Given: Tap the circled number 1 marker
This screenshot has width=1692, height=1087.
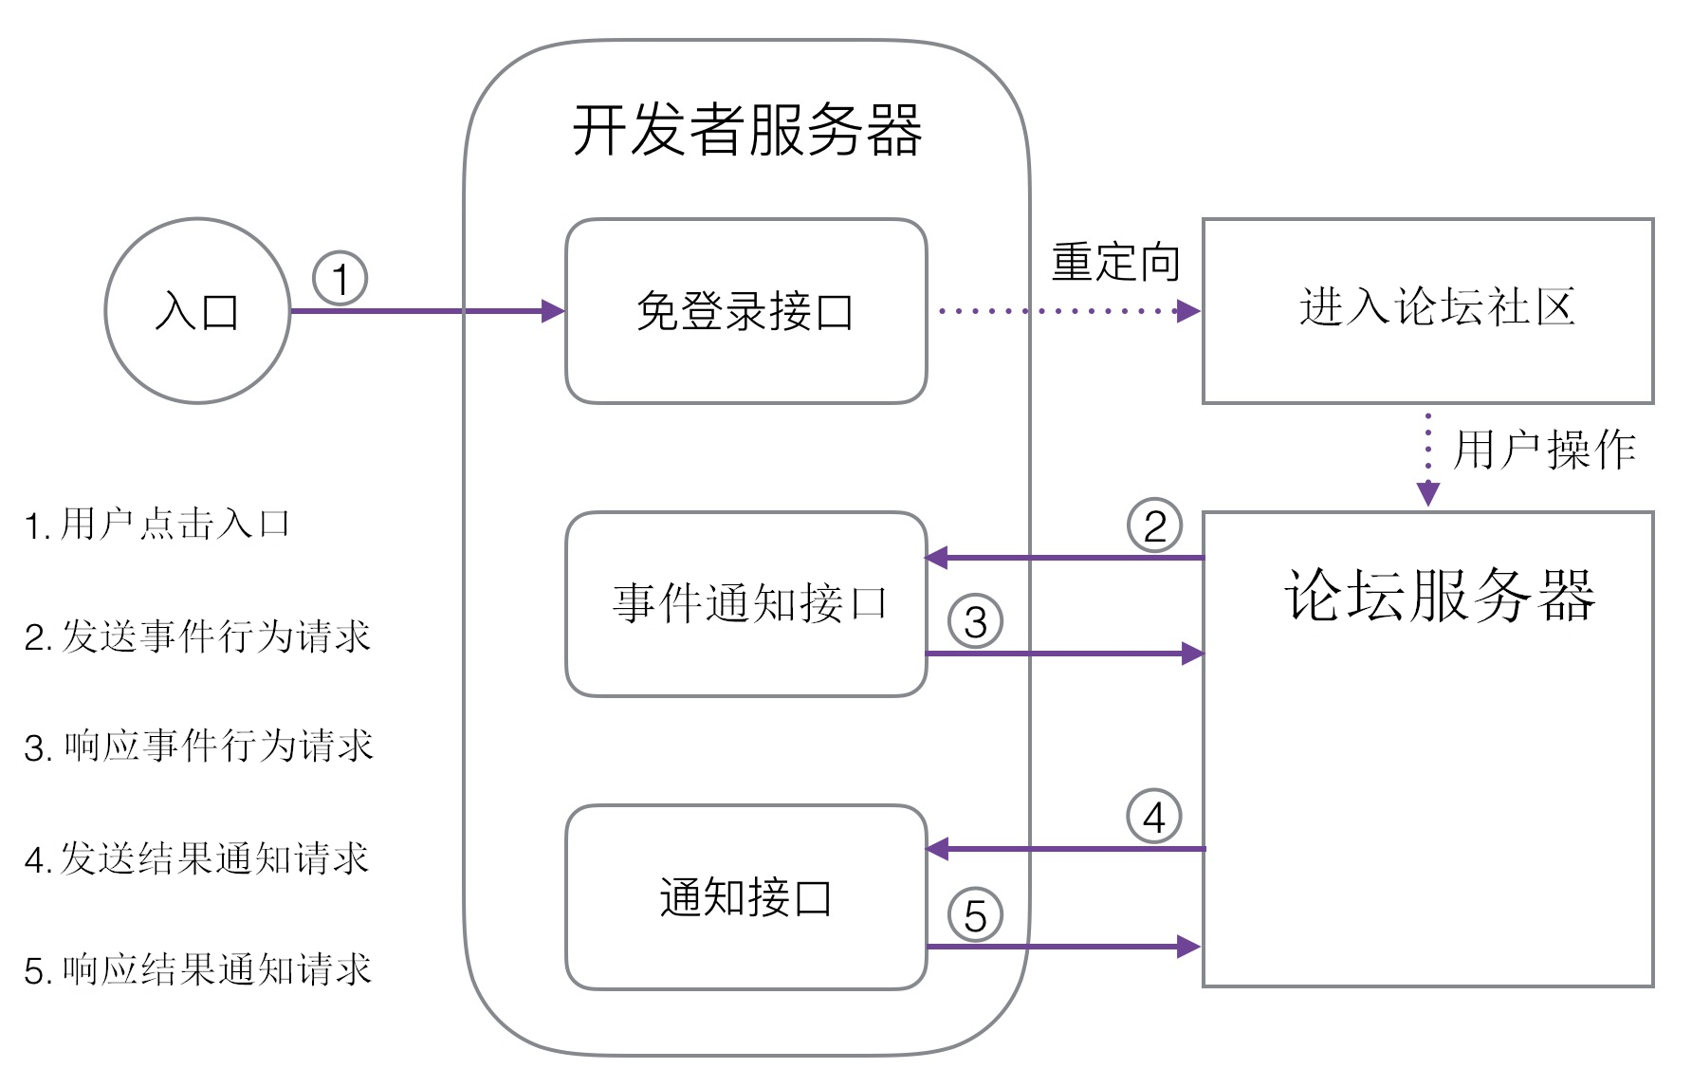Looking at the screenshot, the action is [340, 278].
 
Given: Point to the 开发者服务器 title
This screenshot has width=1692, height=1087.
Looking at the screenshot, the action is [747, 130].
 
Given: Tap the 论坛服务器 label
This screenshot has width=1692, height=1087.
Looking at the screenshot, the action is [1440, 596].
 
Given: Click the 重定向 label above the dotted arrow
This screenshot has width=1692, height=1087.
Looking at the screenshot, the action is [1115, 262].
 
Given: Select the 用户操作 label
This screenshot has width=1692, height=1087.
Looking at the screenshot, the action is [1544, 449].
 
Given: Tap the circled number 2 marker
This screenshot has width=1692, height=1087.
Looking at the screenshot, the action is [1154, 525].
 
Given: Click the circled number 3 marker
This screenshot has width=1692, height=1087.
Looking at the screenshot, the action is [975, 621].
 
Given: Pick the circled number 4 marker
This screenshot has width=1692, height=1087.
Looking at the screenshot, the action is [1154, 816].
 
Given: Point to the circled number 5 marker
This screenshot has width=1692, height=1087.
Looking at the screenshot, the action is [975, 914].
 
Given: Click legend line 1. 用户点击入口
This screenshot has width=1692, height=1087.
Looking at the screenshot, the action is [157, 524].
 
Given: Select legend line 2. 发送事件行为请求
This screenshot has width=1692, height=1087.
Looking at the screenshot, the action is [197, 636].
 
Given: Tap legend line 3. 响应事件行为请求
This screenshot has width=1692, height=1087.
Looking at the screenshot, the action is [198, 746].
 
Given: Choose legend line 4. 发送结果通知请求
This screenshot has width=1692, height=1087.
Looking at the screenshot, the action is [196, 858].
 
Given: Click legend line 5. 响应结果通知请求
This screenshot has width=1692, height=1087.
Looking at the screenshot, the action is [197, 969].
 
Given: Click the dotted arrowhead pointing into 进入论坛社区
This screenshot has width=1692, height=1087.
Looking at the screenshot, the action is [1189, 311].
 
